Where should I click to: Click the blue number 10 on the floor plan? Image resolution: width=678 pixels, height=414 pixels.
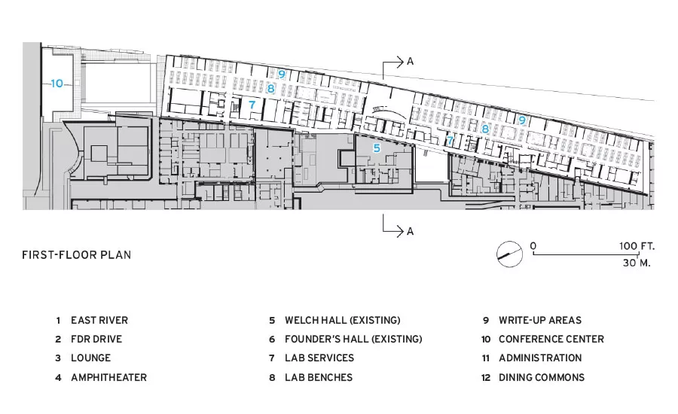[57, 84]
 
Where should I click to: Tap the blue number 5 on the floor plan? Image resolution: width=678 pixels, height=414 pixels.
[377, 148]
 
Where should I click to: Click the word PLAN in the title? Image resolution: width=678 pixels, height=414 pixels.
[116, 255]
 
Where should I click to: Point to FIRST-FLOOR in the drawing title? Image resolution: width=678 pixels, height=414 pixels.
[60, 255]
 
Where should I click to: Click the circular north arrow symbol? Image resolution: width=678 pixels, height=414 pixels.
[509, 254]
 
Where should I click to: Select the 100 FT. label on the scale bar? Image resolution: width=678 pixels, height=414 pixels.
[637, 246]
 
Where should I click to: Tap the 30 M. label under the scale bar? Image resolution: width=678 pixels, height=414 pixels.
[637, 263]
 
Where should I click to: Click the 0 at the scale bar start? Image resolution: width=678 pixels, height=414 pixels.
[533, 246]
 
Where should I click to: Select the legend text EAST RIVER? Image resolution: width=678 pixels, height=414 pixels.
[99, 320]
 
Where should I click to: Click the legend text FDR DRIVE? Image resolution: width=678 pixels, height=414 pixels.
[96, 339]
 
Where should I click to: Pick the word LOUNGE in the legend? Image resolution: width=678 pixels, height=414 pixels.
[91, 358]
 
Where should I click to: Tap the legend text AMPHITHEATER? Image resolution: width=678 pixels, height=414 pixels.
[109, 377]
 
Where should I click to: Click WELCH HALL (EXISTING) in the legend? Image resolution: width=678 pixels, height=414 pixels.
[343, 320]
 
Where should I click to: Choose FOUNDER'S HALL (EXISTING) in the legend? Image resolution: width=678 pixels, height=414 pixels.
[353, 339]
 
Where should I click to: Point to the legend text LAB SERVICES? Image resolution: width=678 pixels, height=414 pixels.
[319, 358]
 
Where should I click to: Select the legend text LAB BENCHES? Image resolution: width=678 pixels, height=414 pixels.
[319, 377]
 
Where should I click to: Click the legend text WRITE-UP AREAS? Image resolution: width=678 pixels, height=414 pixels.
[540, 320]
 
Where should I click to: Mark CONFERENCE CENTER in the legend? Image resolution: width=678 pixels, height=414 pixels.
[551, 339]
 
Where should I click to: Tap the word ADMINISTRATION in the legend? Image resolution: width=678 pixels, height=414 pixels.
[540, 358]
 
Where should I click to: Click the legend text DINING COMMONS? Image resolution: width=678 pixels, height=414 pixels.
[542, 377]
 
